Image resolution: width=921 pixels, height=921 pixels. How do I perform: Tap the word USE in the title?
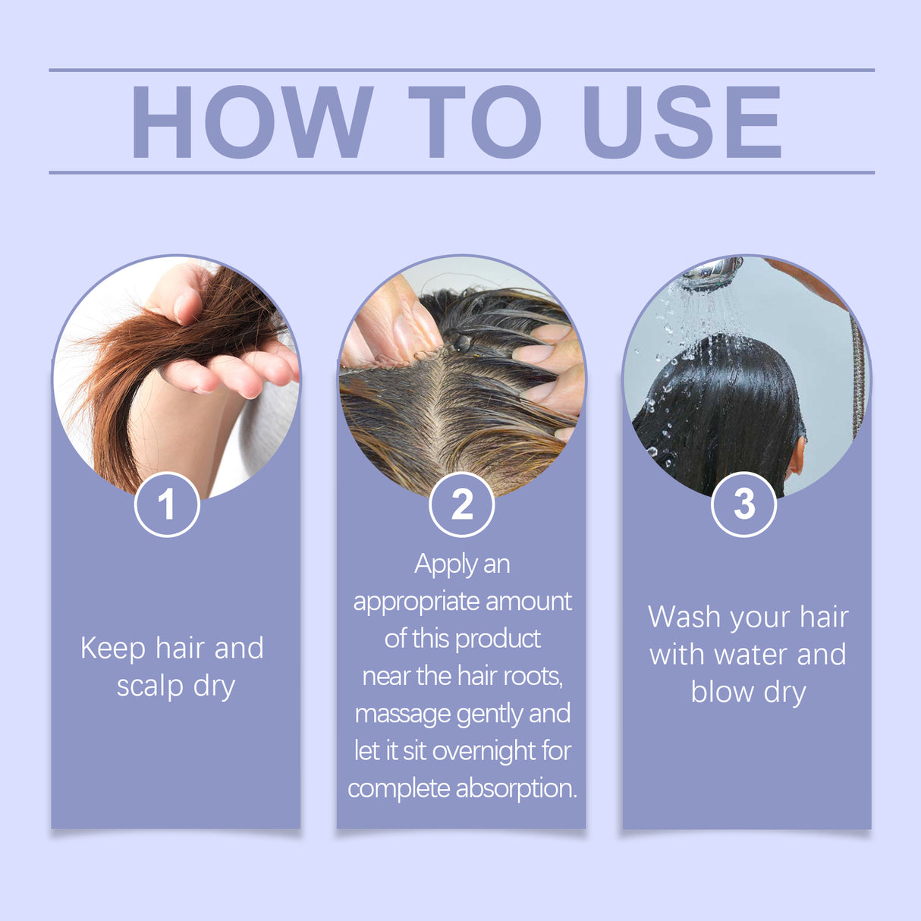[681, 122]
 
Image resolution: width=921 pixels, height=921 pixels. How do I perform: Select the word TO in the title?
[475, 122]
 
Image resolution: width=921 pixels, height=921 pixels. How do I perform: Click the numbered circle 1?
[167, 505]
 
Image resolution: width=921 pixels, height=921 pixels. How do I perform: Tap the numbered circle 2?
[461, 505]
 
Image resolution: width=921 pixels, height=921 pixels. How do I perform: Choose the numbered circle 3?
[743, 505]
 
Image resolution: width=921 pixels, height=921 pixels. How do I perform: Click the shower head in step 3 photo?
[712, 273]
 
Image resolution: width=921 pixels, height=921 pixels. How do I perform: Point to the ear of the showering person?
[796, 455]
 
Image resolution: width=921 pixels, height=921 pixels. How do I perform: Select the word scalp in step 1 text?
[149, 686]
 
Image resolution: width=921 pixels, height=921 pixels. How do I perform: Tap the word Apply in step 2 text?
[445, 565]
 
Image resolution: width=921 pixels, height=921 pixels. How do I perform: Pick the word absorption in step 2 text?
[516, 788]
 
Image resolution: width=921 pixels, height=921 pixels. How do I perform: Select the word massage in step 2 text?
[403, 715]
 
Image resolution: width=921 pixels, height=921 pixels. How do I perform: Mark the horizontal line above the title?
[461, 70]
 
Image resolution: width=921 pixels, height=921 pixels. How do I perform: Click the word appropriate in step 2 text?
[416, 602]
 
